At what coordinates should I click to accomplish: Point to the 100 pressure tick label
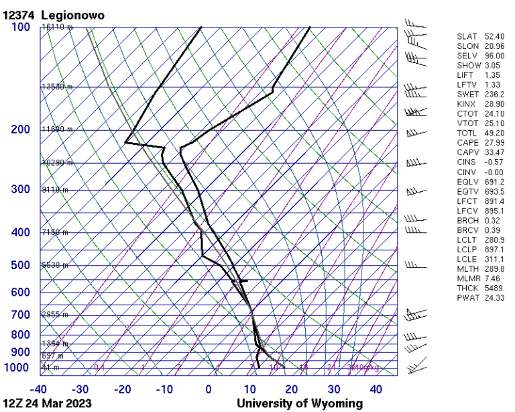20,27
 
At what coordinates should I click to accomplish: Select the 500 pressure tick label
20,266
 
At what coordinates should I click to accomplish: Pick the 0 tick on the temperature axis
209,389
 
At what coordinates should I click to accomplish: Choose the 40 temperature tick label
376,389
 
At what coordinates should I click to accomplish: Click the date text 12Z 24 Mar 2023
47,404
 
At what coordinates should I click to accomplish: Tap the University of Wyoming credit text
299,404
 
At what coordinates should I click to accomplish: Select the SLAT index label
468,36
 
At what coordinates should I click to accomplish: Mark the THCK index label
468,288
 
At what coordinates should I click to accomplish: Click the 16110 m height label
56,28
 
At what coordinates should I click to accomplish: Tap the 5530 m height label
54,266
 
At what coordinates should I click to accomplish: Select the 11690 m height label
56,130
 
